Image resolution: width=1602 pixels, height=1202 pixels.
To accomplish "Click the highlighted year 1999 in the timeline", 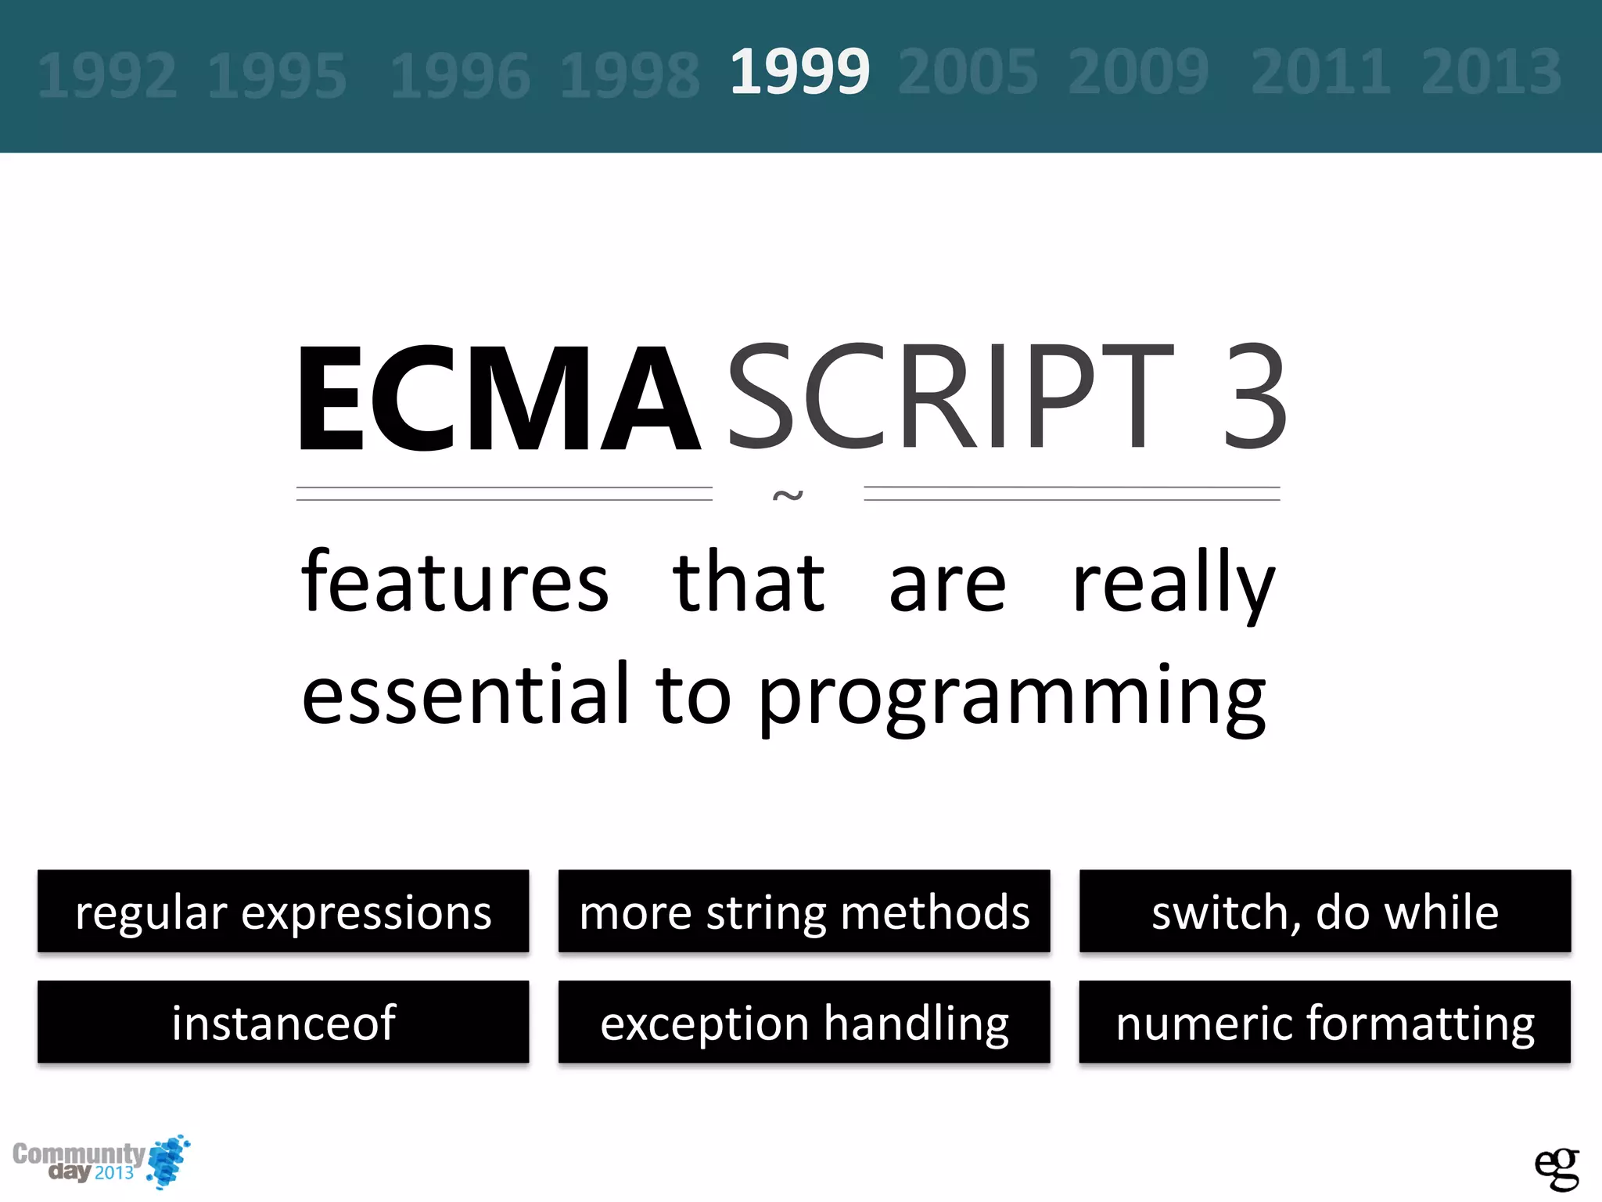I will (x=799, y=72).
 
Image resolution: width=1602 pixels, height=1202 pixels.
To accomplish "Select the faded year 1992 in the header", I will (x=107, y=76).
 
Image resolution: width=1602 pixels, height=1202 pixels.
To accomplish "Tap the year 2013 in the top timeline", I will (x=1491, y=72).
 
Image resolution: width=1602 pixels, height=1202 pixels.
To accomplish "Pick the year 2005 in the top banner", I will (x=968, y=72).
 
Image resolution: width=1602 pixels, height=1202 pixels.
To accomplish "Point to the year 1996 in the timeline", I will (x=460, y=76).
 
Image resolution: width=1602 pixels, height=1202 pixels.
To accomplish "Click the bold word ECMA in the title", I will (x=498, y=399).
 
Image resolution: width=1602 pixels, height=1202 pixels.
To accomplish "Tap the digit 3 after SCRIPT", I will (x=1254, y=397).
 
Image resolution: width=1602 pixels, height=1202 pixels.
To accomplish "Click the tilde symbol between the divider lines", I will (x=788, y=495).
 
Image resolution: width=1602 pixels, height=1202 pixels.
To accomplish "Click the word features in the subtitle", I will (x=454, y=583).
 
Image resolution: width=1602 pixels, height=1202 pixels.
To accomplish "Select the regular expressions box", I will (x=283, y=911).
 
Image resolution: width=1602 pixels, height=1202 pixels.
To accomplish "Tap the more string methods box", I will (x=804, y=911).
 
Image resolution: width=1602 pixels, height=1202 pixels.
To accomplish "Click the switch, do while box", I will (x=1325, y=911).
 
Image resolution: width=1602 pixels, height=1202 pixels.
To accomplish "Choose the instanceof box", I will (x=283, y=1022).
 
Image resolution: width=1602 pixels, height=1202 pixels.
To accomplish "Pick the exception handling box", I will (x=804, y=1022).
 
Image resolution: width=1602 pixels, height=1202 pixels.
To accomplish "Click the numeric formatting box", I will (x=1325, y=1022).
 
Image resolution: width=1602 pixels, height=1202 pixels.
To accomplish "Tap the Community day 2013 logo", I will (x=100, y=1162).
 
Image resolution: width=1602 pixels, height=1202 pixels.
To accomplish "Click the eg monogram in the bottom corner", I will (x=1556, y=1168).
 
